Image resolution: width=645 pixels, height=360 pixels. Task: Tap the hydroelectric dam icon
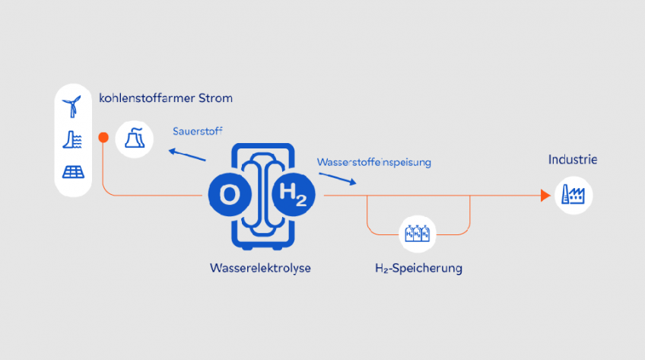pos(73,139)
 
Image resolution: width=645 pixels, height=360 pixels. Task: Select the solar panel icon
pos(73,172)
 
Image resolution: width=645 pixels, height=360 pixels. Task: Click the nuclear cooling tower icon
pos(133,139)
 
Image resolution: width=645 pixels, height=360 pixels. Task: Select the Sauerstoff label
pos(198,130)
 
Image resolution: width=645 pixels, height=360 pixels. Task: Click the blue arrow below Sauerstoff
pos(187,155)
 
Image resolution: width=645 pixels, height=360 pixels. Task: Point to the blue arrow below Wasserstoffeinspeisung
pos(336,179)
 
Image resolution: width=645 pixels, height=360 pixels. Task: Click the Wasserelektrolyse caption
pos(260,268)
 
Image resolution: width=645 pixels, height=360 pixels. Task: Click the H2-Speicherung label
pos(418,269)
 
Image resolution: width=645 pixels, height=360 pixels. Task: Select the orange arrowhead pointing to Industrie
pos(545,196)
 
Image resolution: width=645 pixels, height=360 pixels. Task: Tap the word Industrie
pos(573,160)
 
